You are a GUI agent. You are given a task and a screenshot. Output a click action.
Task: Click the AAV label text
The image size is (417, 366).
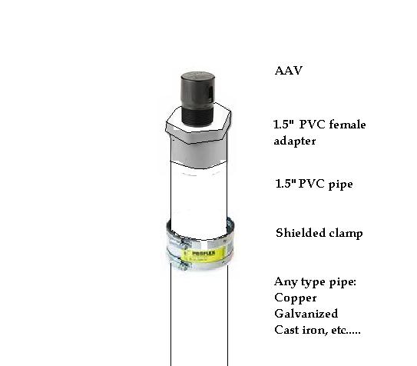click(289, 71)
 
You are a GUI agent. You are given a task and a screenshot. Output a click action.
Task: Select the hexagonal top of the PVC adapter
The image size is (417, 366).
click(198, 123)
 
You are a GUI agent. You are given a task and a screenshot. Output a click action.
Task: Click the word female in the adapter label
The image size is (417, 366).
click(347, 125)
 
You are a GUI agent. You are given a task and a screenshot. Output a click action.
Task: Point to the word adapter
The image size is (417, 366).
click(295, 141)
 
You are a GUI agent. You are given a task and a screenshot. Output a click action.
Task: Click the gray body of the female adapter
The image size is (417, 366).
click(199, 154)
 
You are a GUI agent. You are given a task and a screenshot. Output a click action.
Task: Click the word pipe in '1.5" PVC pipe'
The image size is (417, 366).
click(340, 185)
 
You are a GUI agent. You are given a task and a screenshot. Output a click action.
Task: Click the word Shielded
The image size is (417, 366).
click(300, 233)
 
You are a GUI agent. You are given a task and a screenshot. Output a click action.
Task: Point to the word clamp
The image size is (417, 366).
click(346, 234)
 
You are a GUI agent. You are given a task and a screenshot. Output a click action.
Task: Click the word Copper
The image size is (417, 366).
click(296, 298)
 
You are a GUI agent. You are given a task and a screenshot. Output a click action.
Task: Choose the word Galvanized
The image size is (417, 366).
click(306, 314)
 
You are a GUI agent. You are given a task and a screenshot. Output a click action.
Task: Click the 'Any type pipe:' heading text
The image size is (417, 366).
click(315, 282)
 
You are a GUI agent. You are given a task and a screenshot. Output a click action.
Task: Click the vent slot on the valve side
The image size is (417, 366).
click(211, 92)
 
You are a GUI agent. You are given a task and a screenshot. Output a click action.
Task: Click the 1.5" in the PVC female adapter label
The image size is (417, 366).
click(284, 124)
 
